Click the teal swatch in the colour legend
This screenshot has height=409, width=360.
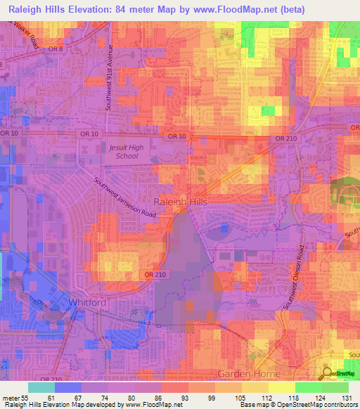pos(41,387)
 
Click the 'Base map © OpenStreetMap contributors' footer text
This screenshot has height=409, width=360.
pos(298,405)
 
